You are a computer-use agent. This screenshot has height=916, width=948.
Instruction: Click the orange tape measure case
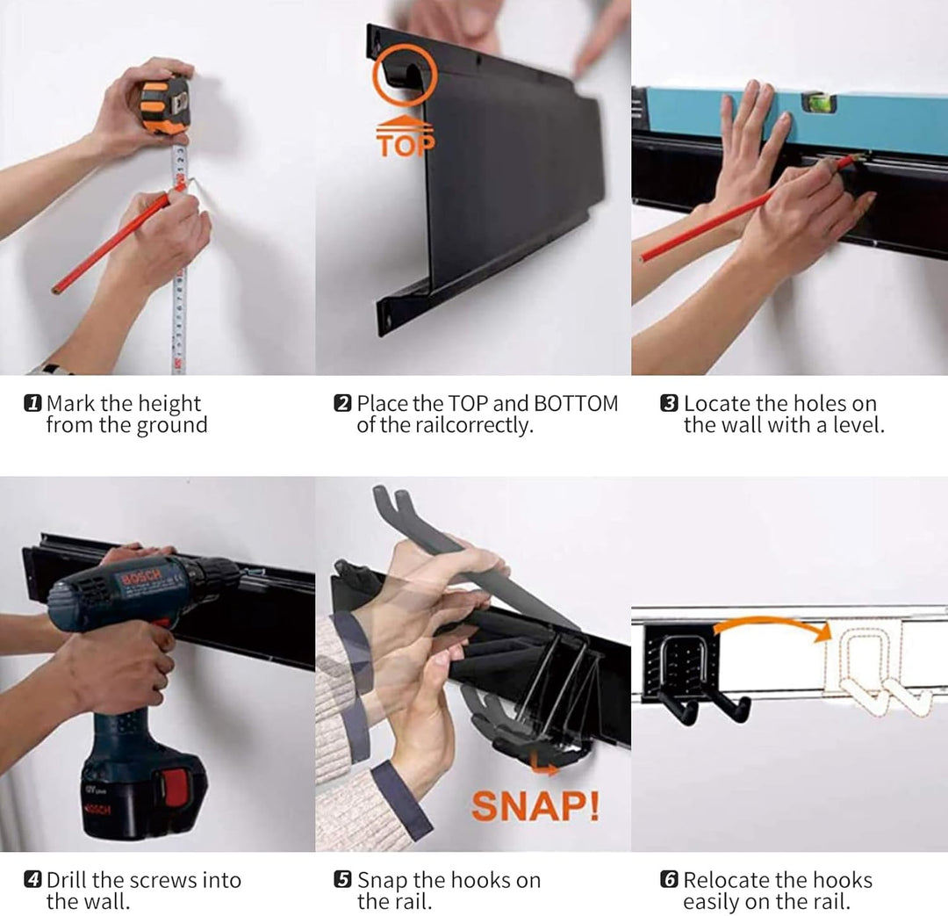pos(164,105)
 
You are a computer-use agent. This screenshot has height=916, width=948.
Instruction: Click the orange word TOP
pos(405,145)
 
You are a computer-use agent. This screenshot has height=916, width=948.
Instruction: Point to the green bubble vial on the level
pos(820,103)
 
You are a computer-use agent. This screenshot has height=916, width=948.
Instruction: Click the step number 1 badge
pos(32,403)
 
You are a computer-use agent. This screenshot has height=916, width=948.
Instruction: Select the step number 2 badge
pos(342,403)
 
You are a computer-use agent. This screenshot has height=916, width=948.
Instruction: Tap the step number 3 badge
pos(669,403)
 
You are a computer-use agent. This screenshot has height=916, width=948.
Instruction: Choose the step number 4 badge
pos(32,879)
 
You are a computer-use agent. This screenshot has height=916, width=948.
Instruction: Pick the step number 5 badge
pos(342,879)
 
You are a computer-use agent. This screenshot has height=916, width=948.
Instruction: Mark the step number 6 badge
pos(669,879)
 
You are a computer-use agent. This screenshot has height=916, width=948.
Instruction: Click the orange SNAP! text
pos(535,806)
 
